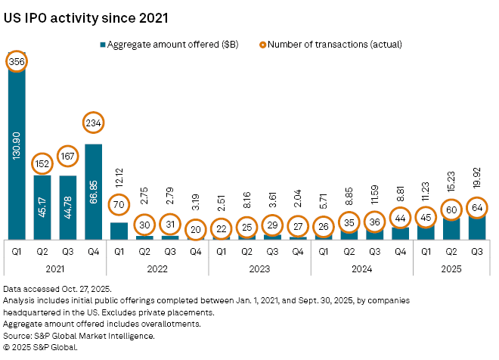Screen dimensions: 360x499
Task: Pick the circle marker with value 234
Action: click(94, 123)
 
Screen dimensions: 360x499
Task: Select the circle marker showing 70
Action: click(119, 204)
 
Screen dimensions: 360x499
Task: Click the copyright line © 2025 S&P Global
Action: click(51, 346)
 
